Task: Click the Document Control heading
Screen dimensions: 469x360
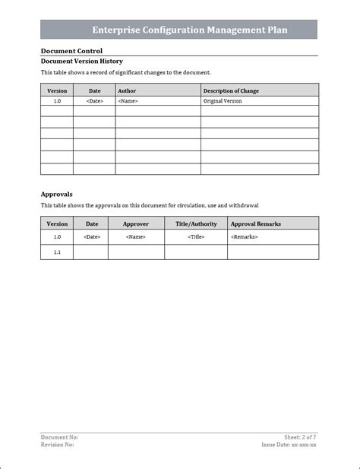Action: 71,51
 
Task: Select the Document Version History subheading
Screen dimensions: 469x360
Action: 81,61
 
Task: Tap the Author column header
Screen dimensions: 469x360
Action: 127,90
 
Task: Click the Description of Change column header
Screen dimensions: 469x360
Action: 231,90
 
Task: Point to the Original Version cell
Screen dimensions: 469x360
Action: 223,100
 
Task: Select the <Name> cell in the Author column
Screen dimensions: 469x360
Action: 128,100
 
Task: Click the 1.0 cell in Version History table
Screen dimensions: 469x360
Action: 57,100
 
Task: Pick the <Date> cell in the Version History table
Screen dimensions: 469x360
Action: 94,100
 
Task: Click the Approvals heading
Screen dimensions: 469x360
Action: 57,194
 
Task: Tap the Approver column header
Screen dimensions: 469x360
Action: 136,223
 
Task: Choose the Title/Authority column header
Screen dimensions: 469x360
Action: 196,223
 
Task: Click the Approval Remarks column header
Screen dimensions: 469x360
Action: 255,223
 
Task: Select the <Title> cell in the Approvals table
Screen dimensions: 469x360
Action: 196,237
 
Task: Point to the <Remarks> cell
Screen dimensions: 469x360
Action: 244,237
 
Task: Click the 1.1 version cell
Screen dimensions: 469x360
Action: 57,252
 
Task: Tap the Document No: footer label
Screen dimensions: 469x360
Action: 59,437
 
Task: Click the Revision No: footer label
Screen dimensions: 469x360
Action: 57,445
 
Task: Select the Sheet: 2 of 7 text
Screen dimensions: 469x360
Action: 300,437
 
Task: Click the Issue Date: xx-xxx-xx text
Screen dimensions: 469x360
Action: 289,445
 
